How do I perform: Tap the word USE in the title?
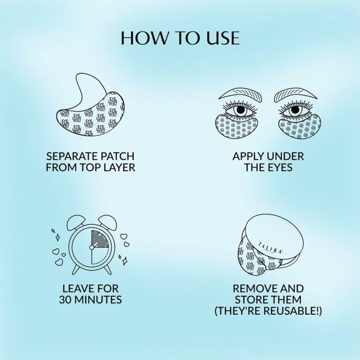click(221, 38)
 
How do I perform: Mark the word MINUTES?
click(102, 300)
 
